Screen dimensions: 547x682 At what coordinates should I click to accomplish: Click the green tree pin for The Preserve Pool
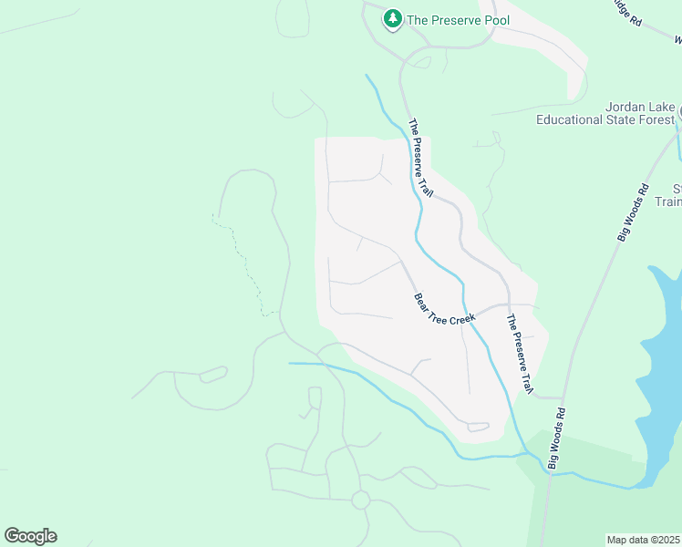pyautogui.click(x=393, y=18)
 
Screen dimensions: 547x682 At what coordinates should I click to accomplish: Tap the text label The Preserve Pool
pyautogui.click(x=458, y=19)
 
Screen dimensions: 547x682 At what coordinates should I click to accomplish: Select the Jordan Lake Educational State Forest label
pyautogui.click(x=605, y=113)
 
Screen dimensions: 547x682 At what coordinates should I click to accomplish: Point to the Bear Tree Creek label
pyautogui.click(x=446, y=305)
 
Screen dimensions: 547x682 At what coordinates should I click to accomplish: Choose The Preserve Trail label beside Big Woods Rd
pyautogui.click(x=518, y=354)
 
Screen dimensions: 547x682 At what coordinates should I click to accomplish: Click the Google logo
pyautogui.click(x=30, y=535)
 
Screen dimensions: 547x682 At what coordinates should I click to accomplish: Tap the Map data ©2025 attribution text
pyautogui.click(x=644, y=540)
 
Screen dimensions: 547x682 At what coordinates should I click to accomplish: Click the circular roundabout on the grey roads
pyautogui.click(x=360, y=500)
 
